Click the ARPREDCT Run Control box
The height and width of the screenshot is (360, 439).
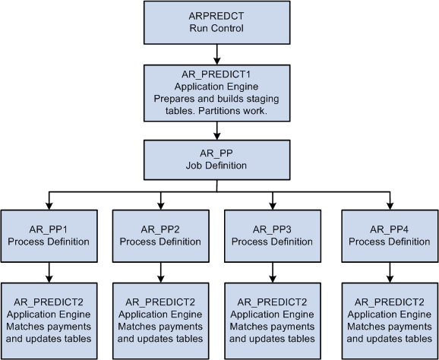pyautogui.click(x=217, y=23)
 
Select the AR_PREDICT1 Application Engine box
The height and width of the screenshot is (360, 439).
pyautogui.click(x=217, y=93)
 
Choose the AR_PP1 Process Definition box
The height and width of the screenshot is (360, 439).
pyautogui.click(x=48, y=236)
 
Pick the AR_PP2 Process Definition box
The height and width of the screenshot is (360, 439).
pyautogui.click(x=160, y=236)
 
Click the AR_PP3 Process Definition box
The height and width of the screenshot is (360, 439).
pyautogui.click(x=273, y=236)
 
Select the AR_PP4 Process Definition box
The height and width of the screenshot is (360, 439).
pyautogui.click(x=388, y=236)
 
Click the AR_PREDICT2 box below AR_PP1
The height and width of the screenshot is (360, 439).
pyautogui.click(x=49, y=320)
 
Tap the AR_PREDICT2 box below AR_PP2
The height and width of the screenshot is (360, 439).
pyautogui.click(x=161, y=320)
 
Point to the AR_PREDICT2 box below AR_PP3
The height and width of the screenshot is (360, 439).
pyautogui.click(x=273, y=320)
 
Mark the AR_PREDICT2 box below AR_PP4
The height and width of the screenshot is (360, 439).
pyautogui.click(x=388, y=320)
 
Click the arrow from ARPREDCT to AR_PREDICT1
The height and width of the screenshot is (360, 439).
pyautogui.click(x=217, y=53)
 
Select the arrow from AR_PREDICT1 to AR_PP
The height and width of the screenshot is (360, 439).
pyautogui.click(x=217, y=129)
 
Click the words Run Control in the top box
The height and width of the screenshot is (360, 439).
pyautogui.click(x=217, y=29)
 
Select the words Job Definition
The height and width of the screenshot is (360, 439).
pyautogui.click(x=217, y=165)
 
